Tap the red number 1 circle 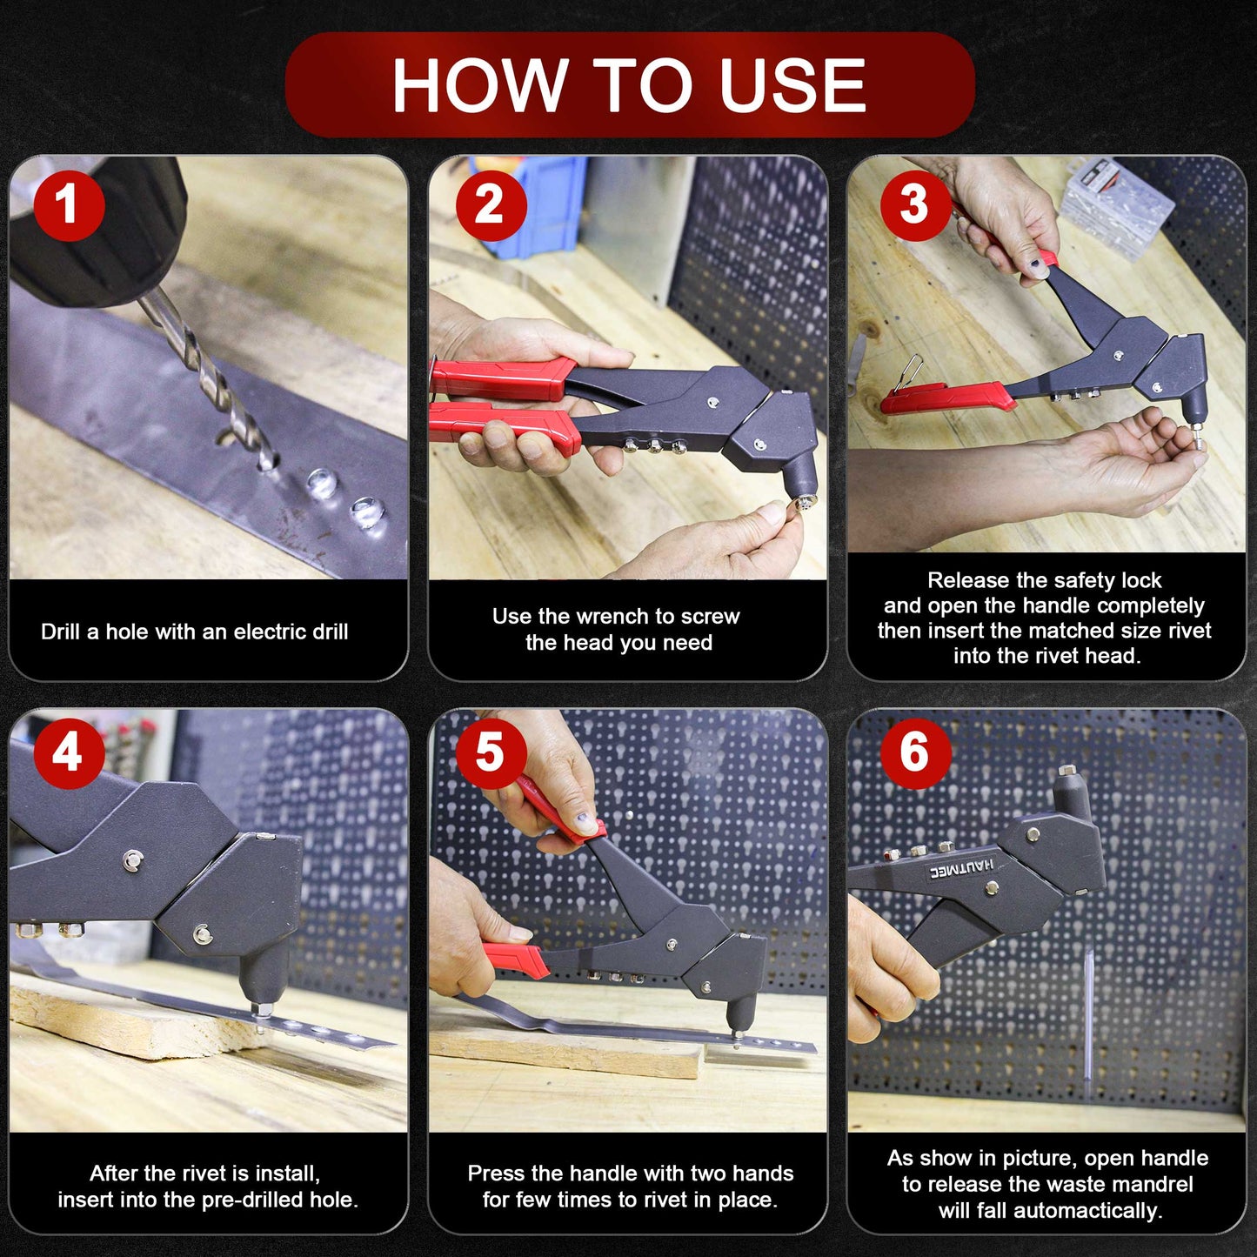click(69, 204)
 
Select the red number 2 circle click(491, 204)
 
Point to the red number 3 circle click(915, 204)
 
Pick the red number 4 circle click(69, 753)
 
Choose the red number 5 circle click(491, 753)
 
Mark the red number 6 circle click(915, 753)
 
